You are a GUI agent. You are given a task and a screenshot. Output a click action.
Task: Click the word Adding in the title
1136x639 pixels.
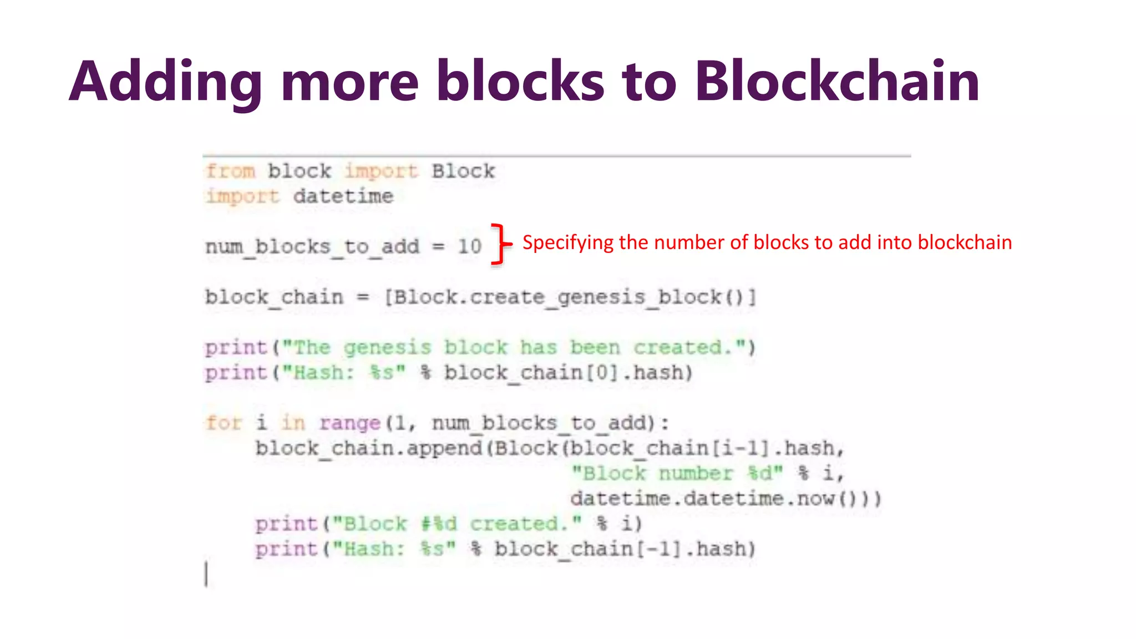[165, 82]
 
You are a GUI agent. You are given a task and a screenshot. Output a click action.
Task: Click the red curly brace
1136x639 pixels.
[500, 244]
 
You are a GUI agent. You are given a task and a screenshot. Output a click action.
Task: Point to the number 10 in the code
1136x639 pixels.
[469, 246]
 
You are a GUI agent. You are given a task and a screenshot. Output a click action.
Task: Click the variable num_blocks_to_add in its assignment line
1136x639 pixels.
[312, 247]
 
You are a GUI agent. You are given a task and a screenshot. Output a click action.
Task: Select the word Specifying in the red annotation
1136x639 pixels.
[567, 243]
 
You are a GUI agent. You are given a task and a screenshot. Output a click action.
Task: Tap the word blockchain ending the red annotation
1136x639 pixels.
[965, 242]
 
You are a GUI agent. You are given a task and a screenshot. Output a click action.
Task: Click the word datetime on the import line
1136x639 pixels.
[343, 196]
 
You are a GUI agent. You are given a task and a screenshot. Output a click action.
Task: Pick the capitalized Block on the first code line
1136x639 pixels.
[463, 171]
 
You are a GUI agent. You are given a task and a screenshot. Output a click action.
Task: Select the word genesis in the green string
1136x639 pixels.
[387, 348]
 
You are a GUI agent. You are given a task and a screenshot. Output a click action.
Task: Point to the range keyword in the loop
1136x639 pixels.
[349, 424]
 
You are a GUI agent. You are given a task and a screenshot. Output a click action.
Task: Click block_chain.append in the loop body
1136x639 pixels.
[368, 448]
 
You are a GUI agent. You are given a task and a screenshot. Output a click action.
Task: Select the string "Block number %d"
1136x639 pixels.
[677, 474]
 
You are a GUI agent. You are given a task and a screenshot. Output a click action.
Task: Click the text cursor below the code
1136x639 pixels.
[206, 574]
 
